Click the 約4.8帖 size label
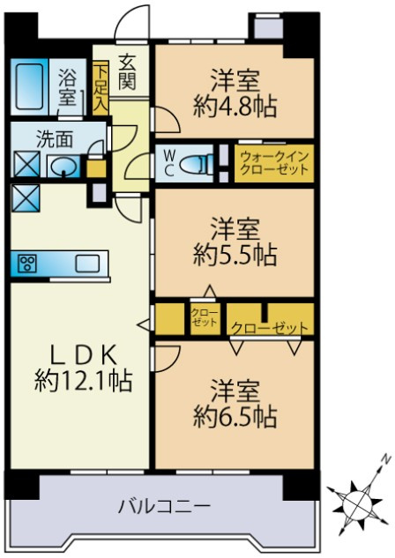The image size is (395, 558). [235, 108]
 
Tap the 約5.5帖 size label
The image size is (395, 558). [235, 256]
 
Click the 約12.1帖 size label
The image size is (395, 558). [84, 382]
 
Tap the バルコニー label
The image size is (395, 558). [165, 507]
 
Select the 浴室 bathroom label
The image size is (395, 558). [66, 86]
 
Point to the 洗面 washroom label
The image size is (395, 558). [48, 138]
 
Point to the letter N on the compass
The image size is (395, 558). [385, 459]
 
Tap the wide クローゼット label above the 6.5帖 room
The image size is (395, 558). [270, 327]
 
